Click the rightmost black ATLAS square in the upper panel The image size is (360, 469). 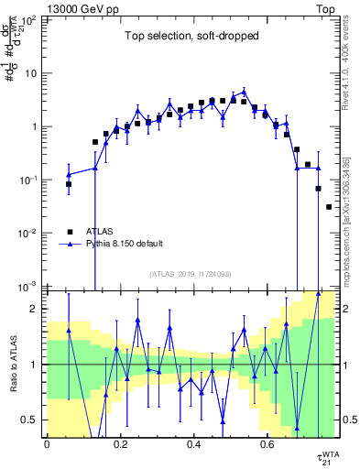[x=330, y=207]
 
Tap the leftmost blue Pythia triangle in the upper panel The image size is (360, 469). [x=69, y=174]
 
